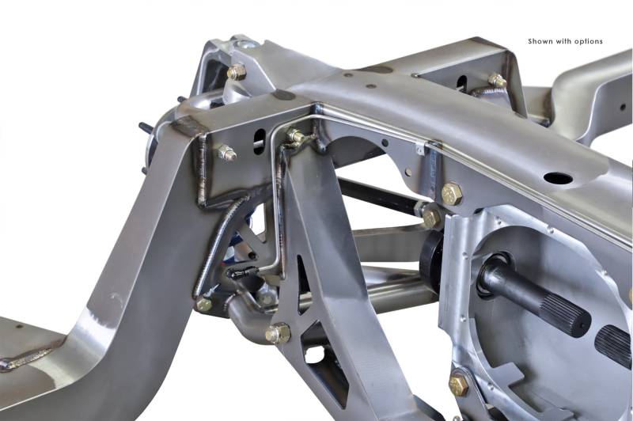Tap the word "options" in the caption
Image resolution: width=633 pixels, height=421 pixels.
coord(589,42)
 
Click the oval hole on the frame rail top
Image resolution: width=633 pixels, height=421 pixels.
coord(558,178)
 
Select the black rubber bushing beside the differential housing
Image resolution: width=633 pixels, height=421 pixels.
coord(430,257)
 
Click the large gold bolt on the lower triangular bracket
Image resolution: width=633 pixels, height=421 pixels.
coord(278,333)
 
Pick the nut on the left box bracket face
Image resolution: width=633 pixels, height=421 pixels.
coord(226,153)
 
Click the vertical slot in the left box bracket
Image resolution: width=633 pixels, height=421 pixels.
coord(260,142)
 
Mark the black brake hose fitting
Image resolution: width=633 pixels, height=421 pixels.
coord(243,272)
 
